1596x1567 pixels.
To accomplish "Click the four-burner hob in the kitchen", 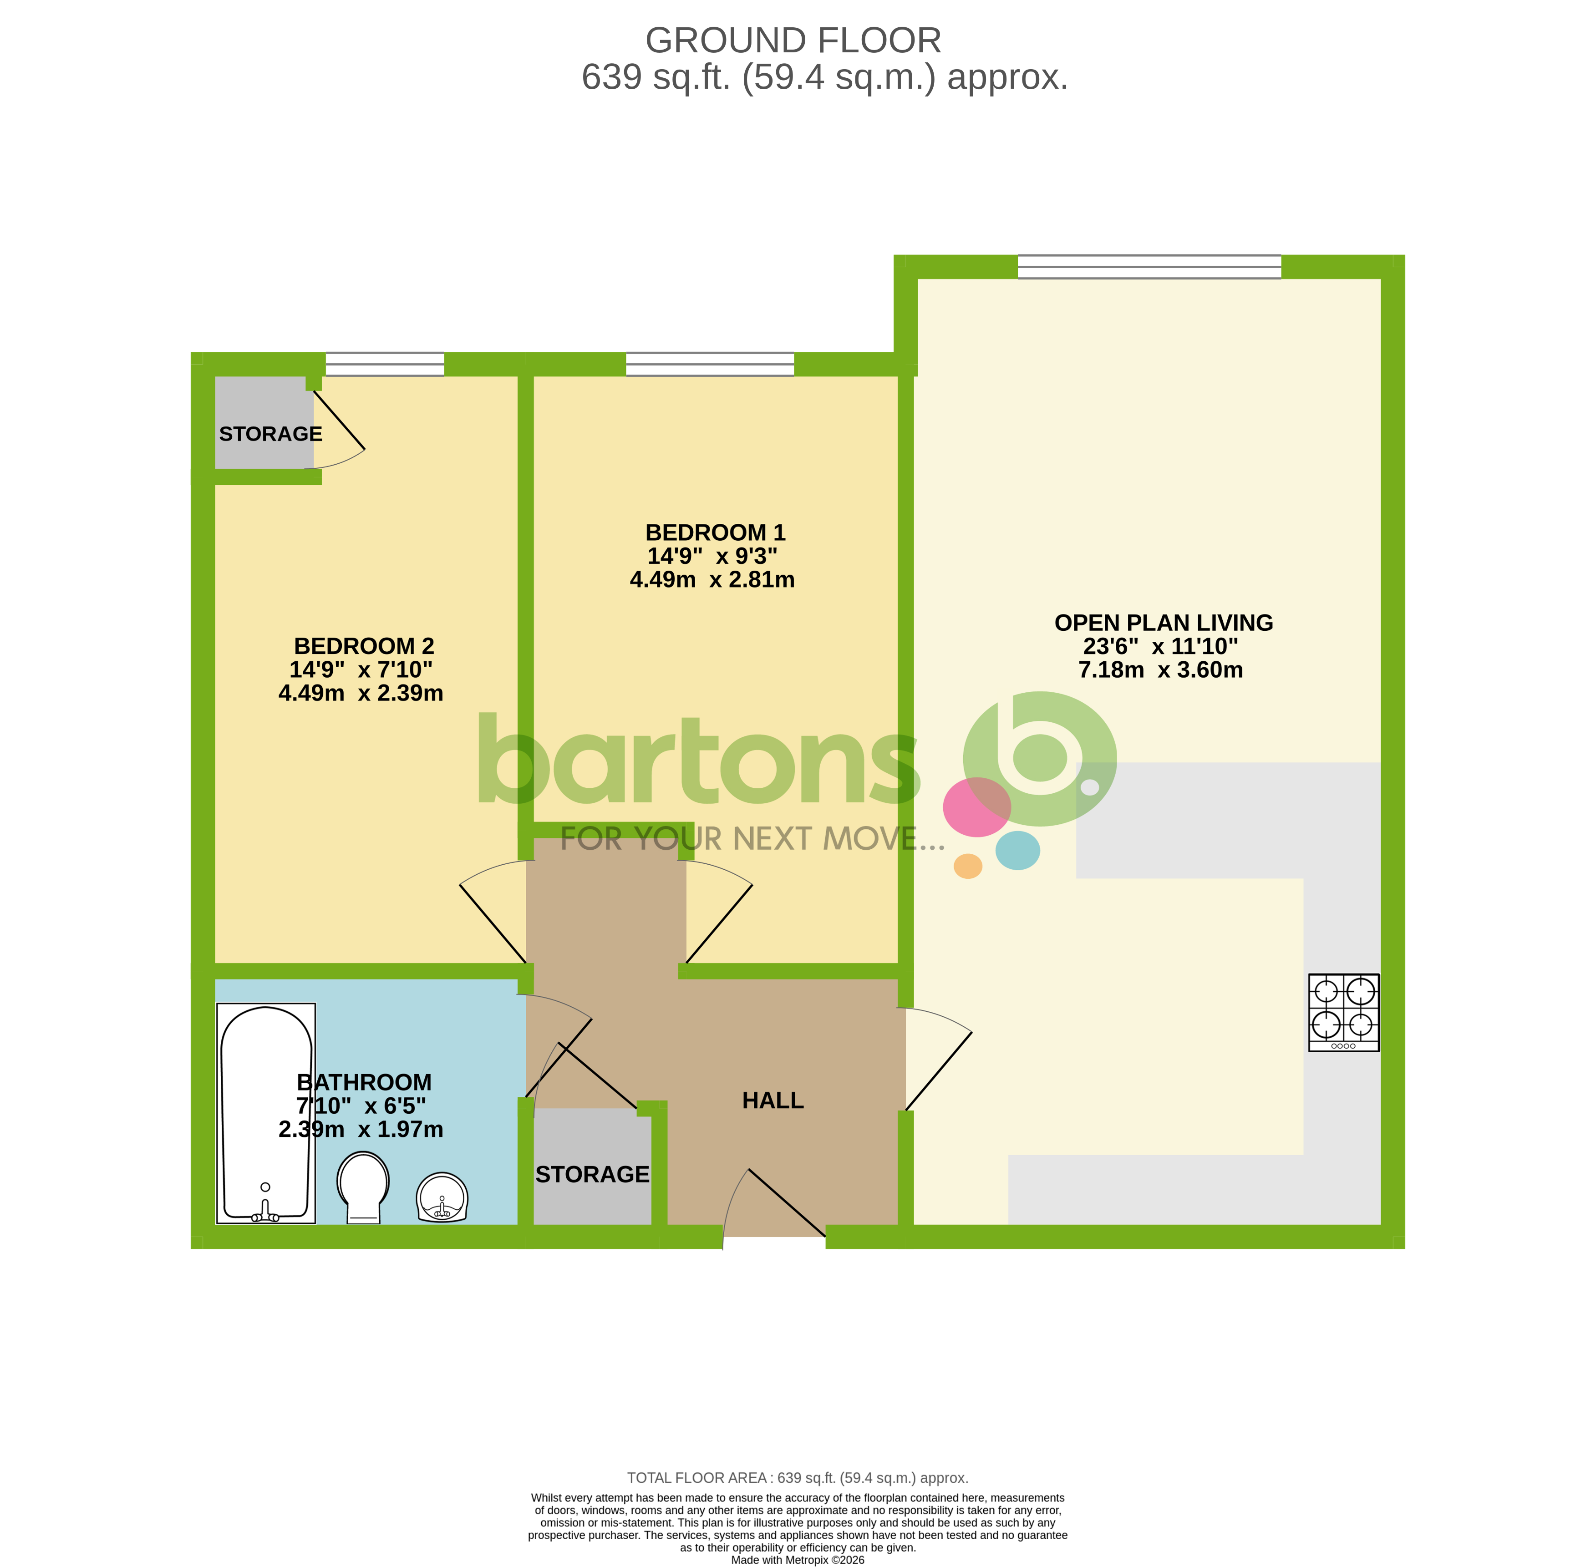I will pyautogui.click(x=1343, y=1012).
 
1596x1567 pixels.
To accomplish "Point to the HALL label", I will pyautogui.click(x=772, y=1100).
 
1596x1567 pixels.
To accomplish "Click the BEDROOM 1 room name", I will pyautogui.click(x=714, y=532).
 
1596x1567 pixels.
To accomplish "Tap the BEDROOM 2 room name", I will pyautogui.click(x=364, y=646).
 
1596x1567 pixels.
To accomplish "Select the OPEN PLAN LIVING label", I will pyautogui.click(x=1163, y=623).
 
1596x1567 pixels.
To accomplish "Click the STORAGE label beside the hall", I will pyautogui.click(x=592, y=1174).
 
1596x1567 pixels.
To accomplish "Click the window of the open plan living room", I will pyautogui.click(x=1149, y=267).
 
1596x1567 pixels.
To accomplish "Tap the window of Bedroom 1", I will pyautogui.click(x=710, y=364).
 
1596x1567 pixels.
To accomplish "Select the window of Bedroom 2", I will pyautogui.click(x=384, y=364).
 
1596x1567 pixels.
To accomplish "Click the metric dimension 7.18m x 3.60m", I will pyautogui.click(x=1160, y=670).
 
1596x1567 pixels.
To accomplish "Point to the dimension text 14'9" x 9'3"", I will pyautogui.click(x=712, y=556).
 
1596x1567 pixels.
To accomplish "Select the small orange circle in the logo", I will pyautogui.click(x=967, y=866).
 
